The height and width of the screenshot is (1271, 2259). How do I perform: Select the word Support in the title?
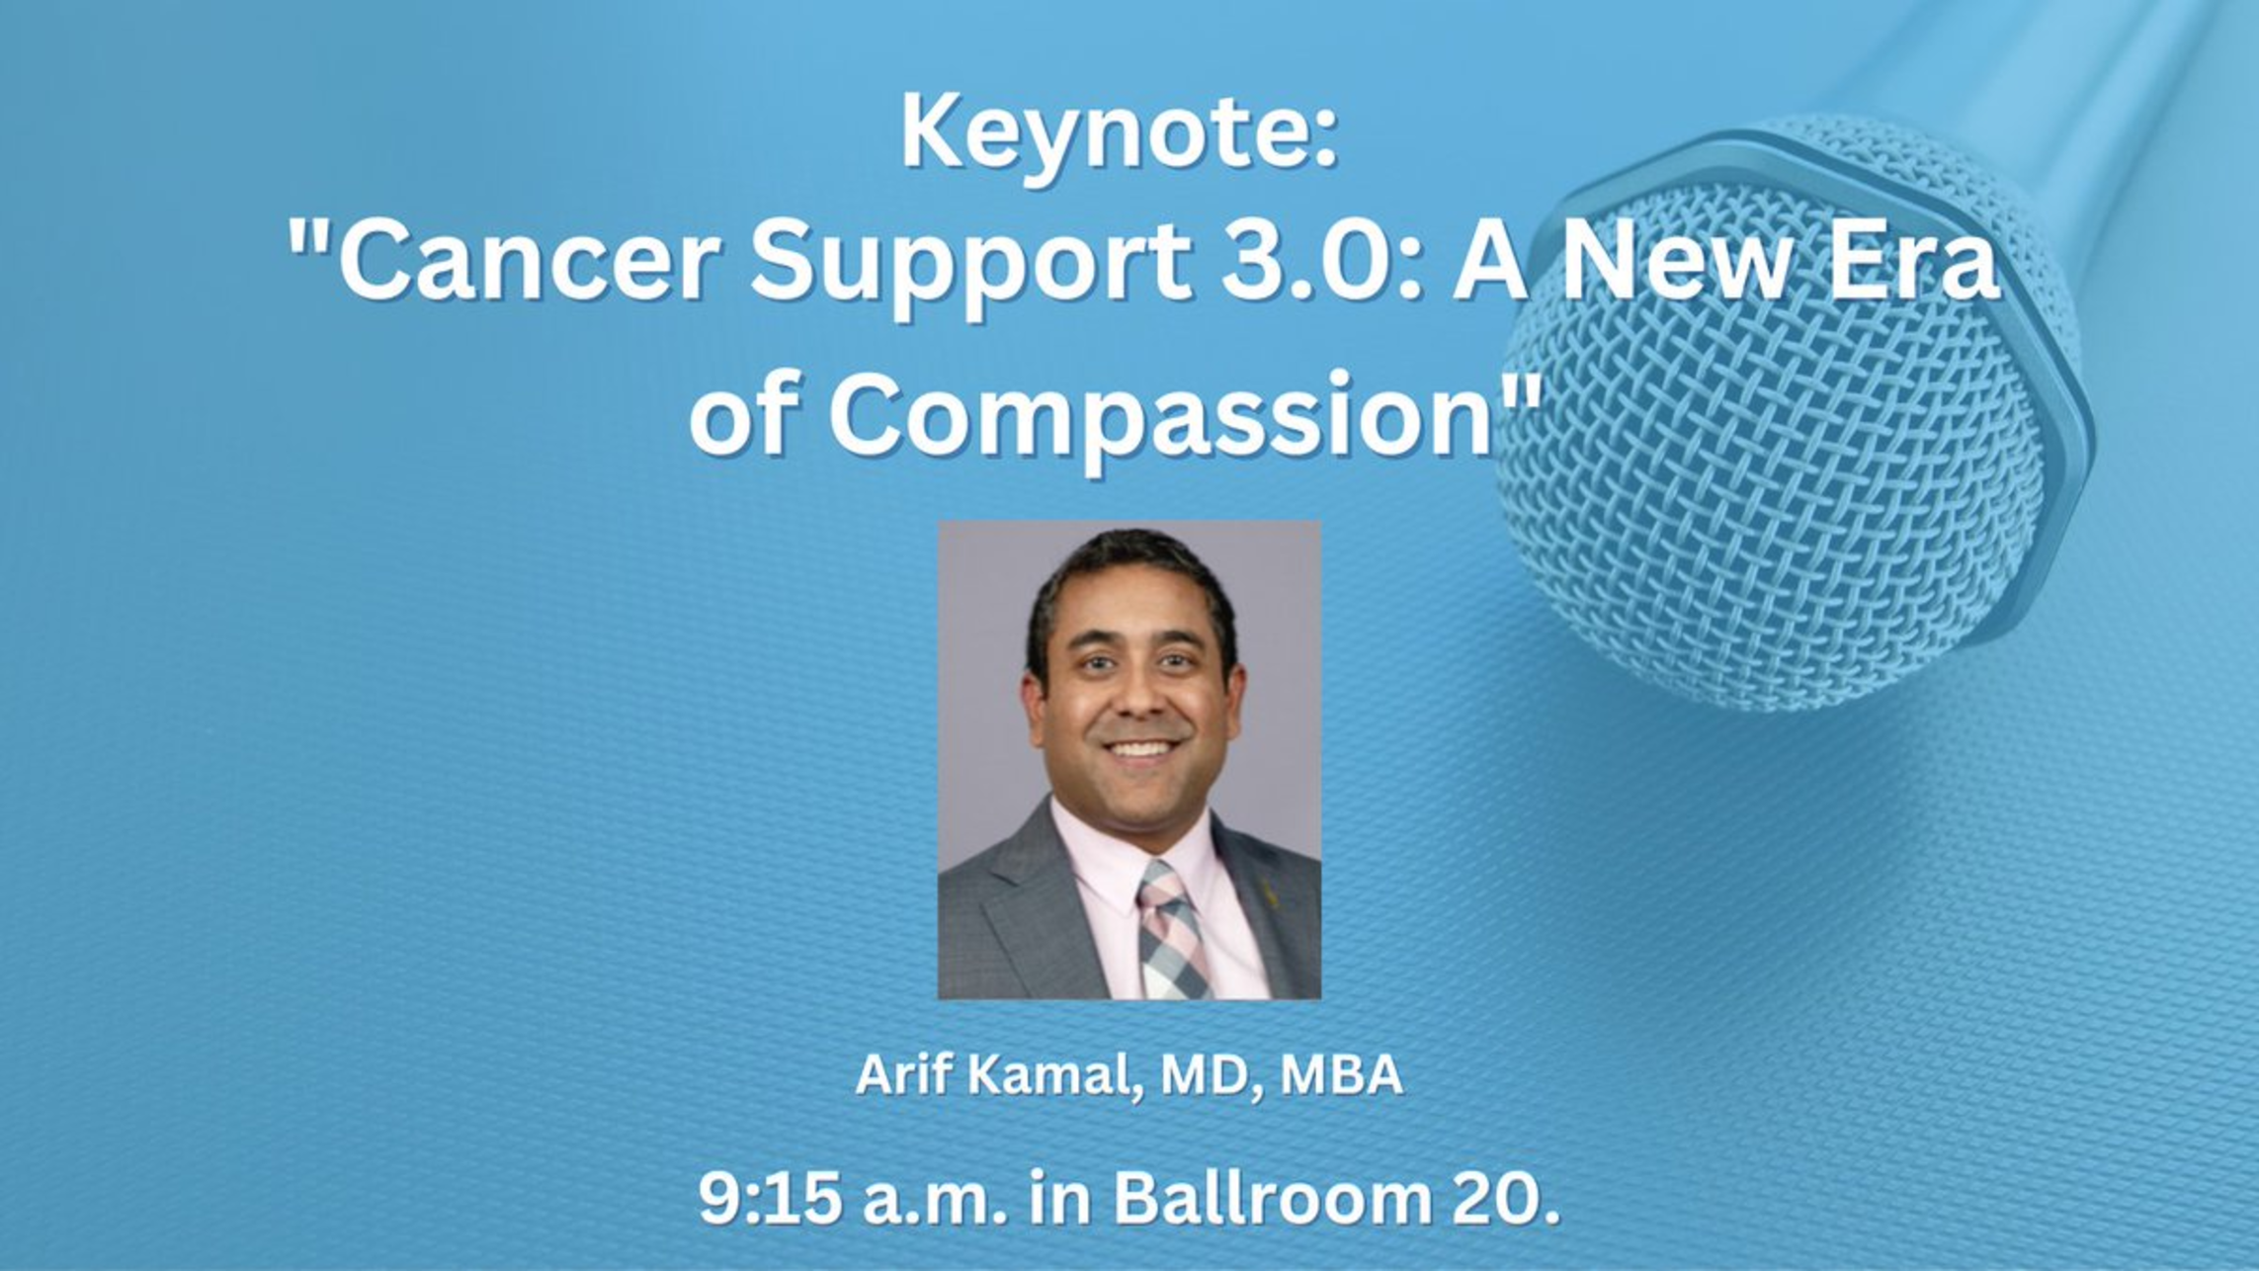[x=970, y=269]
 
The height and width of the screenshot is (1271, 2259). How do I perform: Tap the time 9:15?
[x=771, y=1197]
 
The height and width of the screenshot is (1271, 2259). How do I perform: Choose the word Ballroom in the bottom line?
[x=1273, y=1197]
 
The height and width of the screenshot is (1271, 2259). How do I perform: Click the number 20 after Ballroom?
[x=1494, y=1197]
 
